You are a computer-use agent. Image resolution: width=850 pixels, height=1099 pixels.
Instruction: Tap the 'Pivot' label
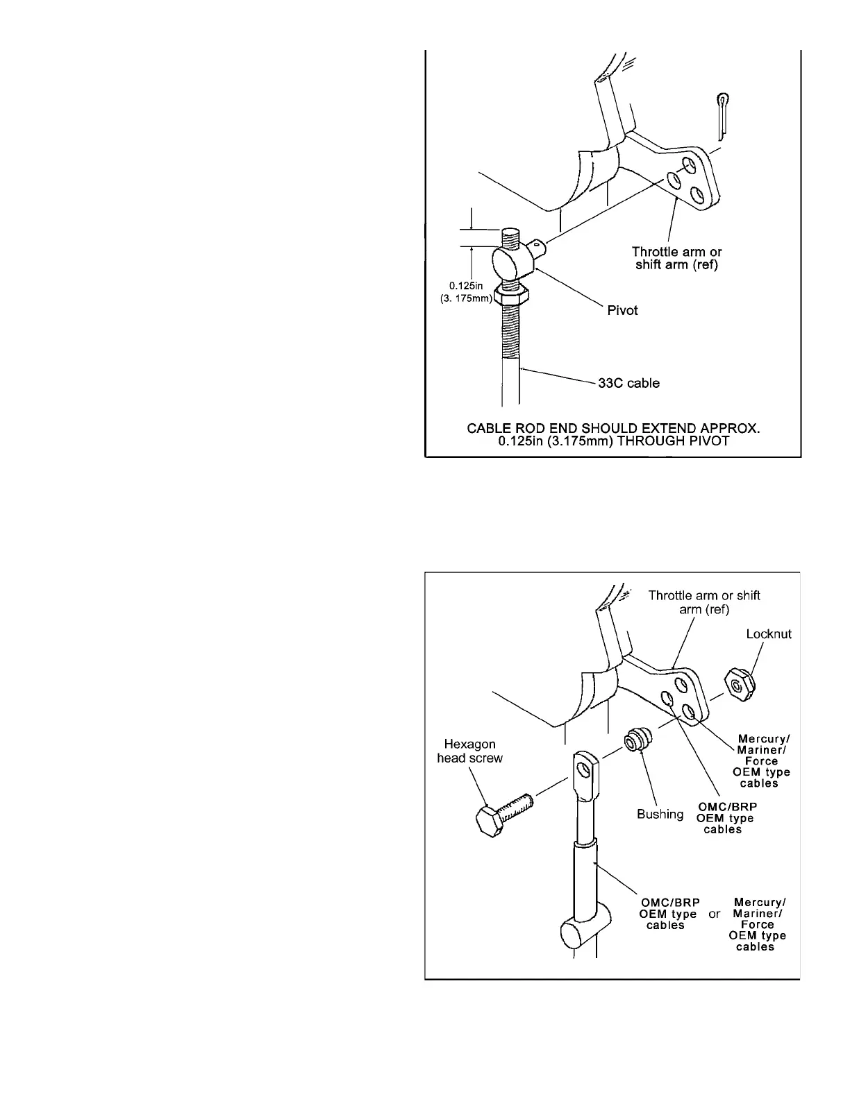[x=622, y=310]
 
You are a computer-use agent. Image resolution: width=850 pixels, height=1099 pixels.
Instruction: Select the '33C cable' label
[x=628, y=383]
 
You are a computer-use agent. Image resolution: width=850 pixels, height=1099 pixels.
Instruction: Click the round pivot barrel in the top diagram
[x=510, y=262]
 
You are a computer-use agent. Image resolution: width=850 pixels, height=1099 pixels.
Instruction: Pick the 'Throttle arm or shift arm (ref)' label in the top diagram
[x=676, y=258]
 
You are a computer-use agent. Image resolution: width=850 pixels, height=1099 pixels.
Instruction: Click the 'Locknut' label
[x=769, y=634]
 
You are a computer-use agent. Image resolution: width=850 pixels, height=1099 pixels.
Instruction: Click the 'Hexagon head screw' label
[x=470, y=751]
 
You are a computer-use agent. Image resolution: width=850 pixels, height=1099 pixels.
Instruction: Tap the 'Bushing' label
[x=660, y=814]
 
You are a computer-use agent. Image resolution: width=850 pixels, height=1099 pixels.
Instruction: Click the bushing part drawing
[x=637, y=740]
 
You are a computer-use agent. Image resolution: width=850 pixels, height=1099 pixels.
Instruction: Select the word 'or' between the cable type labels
[x=714, y=914]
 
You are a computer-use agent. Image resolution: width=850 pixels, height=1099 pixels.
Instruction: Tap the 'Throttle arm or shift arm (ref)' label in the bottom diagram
[x=703, y=602]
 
